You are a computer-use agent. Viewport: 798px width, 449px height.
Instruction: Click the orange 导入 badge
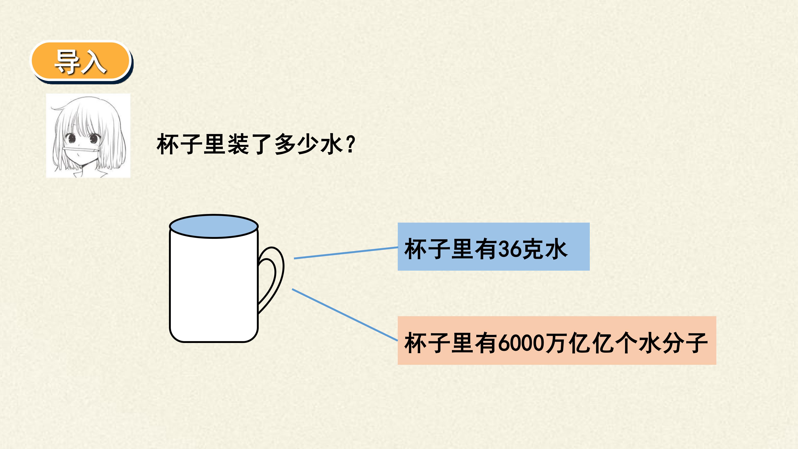(81, 61)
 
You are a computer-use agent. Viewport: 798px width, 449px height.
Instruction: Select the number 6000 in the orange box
(522, 343)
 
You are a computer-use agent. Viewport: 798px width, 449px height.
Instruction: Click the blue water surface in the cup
(214, 226)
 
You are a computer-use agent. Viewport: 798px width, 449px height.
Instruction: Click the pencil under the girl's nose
(80, 150)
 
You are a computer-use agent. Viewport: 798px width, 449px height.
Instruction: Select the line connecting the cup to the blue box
(346, 253)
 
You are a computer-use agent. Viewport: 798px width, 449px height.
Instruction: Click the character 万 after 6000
(556, 343)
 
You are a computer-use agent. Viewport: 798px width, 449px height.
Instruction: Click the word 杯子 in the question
(179, 144)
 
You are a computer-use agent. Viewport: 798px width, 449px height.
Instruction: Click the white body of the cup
(214, 288)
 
